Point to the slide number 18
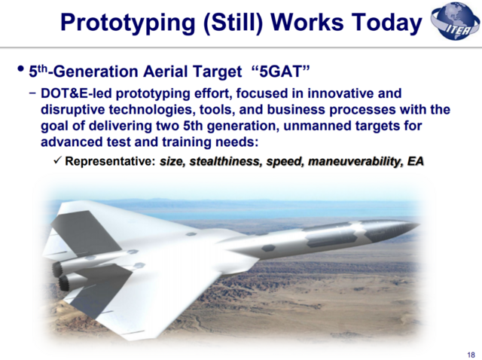coord(471,355)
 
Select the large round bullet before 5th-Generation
coord(20,71)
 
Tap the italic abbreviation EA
coord(415,161)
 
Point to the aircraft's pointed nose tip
coord(416,224)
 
